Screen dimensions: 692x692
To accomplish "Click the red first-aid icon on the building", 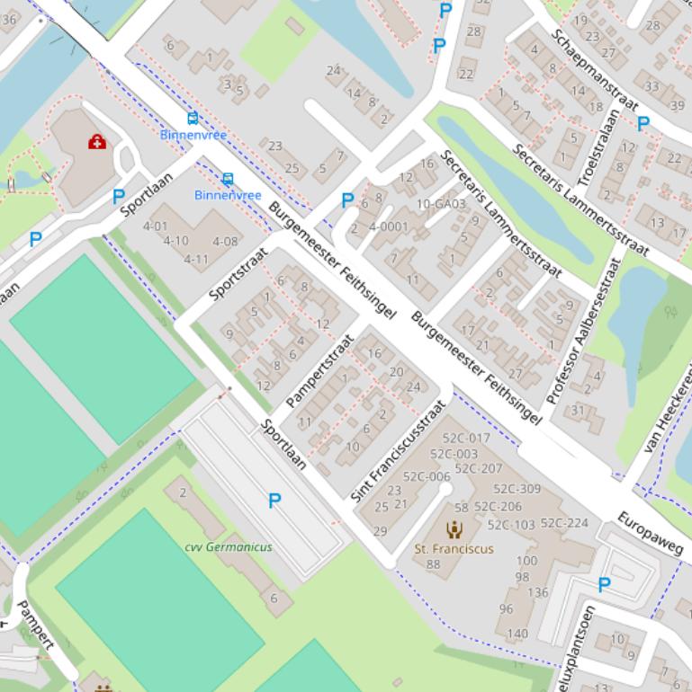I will [x=97, y=142].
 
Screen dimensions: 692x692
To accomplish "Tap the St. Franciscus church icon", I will [x=454, y=529].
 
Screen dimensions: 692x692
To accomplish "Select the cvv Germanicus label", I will [x=229, y=546].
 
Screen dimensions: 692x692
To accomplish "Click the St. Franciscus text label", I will [x=454, y=548].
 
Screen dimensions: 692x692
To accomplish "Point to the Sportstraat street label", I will [x=238, y=273].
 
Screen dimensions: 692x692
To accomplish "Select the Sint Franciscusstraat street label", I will [x=399, y=450].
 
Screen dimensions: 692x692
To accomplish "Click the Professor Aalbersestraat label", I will [x=585, y=331].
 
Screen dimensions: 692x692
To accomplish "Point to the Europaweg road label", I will [x=651, y=532].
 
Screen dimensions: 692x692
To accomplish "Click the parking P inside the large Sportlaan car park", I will [x=274, y=501].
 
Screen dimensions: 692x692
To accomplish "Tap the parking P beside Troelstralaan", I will [x=643, y=124].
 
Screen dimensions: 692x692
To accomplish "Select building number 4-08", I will [x=225, y=241].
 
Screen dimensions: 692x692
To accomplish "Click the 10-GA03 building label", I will [x=441, y=204].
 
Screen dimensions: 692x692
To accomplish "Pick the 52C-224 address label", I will [x=564, y=523].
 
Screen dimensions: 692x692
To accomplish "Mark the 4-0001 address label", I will [x=389, y=226].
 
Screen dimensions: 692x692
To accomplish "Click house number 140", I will [x=517, y=634].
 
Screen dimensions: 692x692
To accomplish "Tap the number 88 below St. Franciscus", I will [x=434, y=564].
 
